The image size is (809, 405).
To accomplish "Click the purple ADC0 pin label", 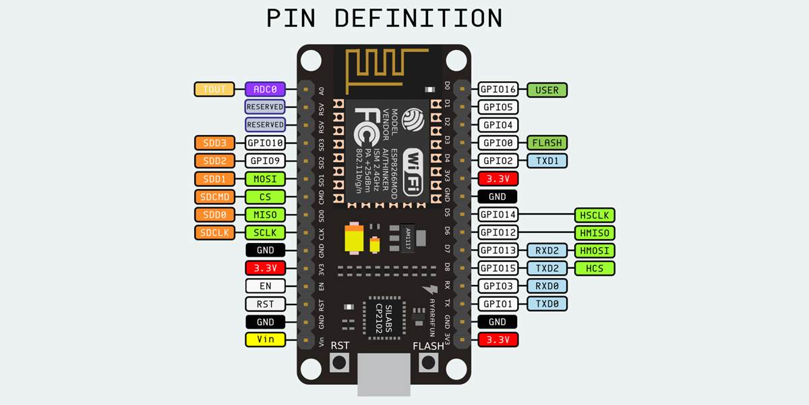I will point(266,89).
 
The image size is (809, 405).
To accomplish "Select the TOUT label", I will point(214,89).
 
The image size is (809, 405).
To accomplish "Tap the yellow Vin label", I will point(266,340).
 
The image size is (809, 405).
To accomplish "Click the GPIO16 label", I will point(498,89).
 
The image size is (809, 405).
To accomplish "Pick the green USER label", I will point(547,89).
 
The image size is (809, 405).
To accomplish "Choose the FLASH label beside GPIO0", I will point(547,142).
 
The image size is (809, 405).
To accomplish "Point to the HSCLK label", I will point(595,215).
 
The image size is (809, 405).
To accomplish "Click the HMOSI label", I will point(595,250).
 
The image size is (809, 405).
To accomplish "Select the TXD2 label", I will point(547,268).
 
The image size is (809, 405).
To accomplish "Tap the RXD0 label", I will point(547,286).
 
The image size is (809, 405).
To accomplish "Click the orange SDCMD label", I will point(214,196).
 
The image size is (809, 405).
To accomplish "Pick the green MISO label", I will point(266,215).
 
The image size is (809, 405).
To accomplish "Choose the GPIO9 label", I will point(266,161).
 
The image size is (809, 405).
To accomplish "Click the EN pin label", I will point(266,286).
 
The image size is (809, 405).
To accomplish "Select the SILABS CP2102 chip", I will point(384,317).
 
